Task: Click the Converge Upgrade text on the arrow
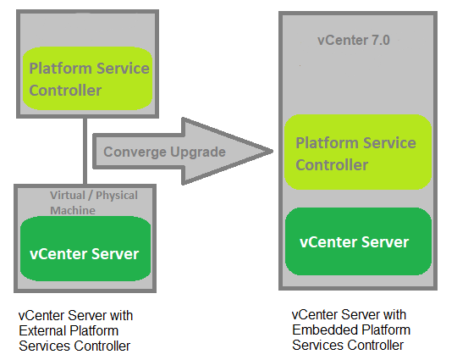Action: pyautogui.click(x=164, y=152)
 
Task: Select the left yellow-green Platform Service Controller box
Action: pyautogui.click(x=89, y=79)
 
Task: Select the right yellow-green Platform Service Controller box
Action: pyautogui.click(x=357, y=153)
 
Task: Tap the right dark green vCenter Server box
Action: pyautogui.click(x=357, y=242)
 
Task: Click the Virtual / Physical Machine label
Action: pyautogui.click(x=93, y=202)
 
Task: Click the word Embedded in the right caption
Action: pyautogui.click(x=322, y=330)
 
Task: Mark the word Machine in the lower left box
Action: pyautogui.click(x=74, y=210)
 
